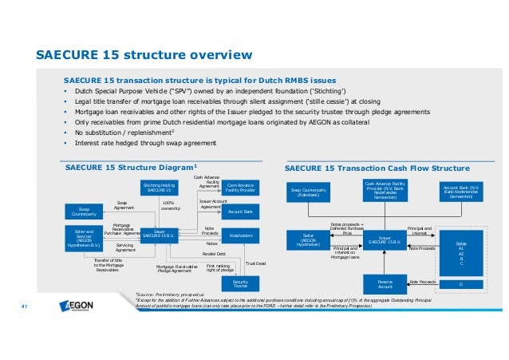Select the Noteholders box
(x=240, y=236)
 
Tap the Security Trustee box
(x=240, y=284)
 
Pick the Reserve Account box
(x=386, y=283)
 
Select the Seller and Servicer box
(x=81, y=236)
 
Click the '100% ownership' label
(x=172, y=206)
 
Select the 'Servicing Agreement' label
(x=124, y=247)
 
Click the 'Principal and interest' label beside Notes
(x=419, y=230)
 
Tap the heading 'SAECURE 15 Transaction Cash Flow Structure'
(x=377, y=169)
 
